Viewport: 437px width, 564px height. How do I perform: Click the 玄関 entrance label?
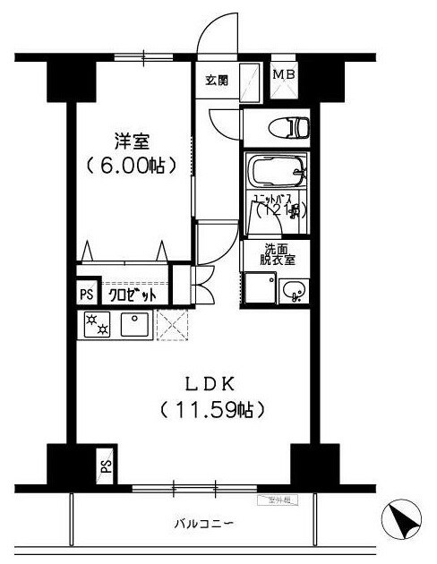[218, 81]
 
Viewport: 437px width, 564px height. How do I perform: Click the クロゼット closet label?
[132, 295]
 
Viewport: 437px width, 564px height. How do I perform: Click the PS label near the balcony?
[106, 466]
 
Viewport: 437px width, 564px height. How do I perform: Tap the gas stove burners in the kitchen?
[94, 325]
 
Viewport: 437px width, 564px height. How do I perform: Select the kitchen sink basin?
[134, 324]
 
